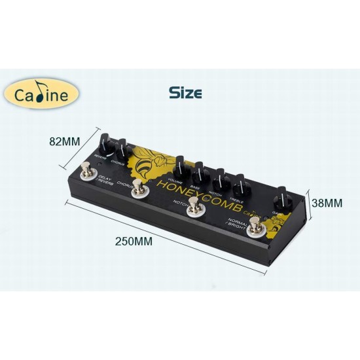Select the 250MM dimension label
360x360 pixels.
134,241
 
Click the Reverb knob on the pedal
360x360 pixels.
105,146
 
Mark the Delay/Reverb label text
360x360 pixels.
105,181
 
